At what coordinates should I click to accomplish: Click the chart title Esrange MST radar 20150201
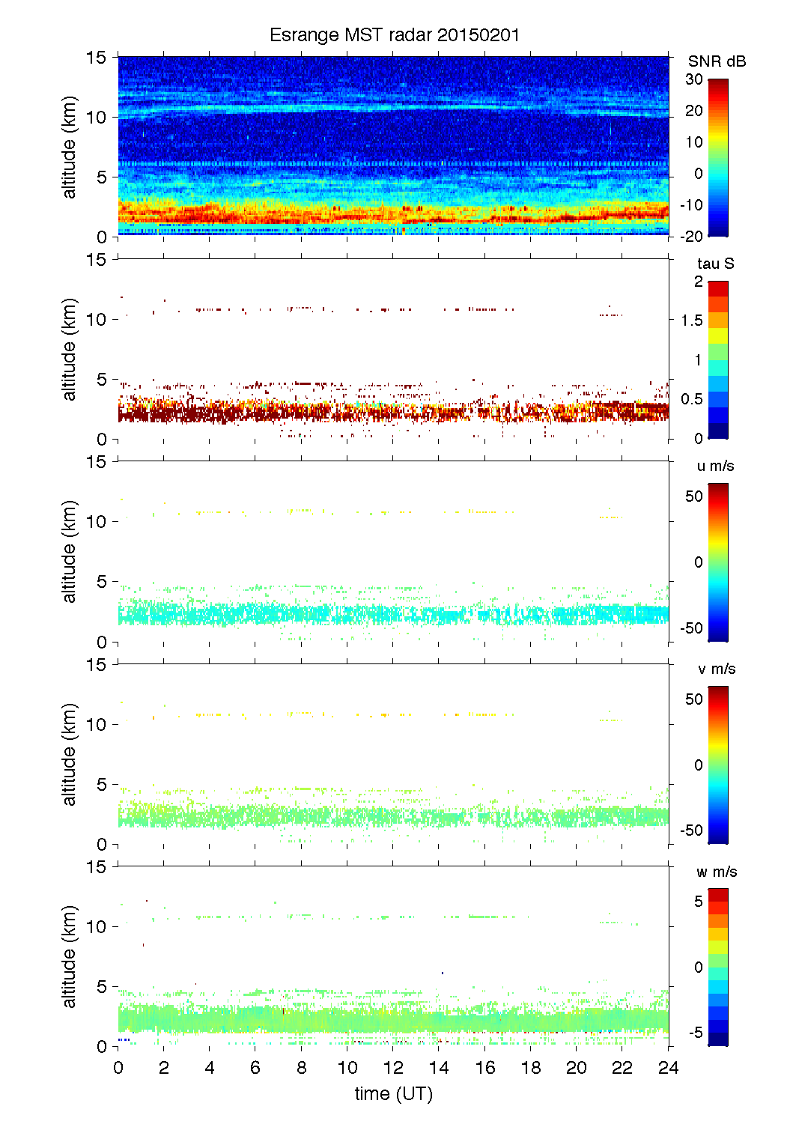(x=394, y=35)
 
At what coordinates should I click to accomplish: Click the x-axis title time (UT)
(x=394, y=1094)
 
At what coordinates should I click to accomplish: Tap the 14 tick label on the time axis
(x=440, y=1068)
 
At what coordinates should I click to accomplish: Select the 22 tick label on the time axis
(x=622, y=1068)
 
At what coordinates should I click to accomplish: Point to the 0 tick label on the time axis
(x=118, y=1068)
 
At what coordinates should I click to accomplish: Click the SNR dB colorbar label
(x=717, y=61)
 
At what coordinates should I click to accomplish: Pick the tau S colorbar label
(x=715, y=264)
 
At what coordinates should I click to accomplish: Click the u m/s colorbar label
(x=715, y=466)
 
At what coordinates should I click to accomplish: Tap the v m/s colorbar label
(x=716, y=669)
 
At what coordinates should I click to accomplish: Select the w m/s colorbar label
(x=717, y=872)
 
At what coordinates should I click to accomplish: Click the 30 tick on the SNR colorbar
(x=694, y=79)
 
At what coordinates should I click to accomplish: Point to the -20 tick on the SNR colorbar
(x=692, y=237)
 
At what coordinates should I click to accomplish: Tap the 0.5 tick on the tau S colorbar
(x=693, y=399)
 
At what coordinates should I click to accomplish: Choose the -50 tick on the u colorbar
(x=692, y=628)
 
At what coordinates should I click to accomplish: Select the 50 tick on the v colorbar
(x=694, y=699)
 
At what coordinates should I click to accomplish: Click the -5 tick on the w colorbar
(x=696, y=1033)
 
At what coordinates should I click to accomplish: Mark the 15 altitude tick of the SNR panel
(x=97, y=57)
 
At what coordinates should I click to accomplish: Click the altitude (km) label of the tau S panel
(x=70, y=350)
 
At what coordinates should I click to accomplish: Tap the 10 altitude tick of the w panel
(x=97, y=927)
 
